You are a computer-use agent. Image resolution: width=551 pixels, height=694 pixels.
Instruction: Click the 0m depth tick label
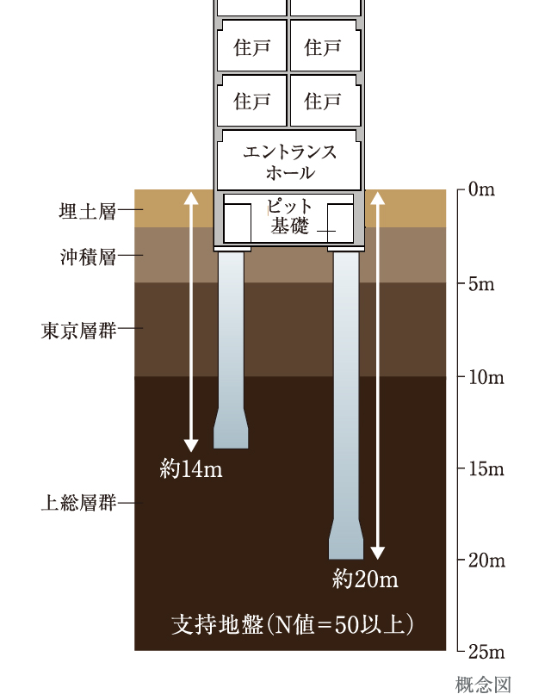[481, 189]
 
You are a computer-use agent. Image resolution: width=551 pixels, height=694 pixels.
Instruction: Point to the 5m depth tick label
[481, 283]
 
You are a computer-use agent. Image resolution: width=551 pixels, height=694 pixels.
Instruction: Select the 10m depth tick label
[486, 377]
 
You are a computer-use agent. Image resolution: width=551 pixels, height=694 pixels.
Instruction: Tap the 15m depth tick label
[486, 468]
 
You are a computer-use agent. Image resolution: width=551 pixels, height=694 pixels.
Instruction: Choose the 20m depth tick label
[486, 561]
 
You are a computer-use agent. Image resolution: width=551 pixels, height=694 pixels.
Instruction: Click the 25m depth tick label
[486, 652]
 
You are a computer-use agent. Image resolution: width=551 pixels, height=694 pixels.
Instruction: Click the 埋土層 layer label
[88, 211]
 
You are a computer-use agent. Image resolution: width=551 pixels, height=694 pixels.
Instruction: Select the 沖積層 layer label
[88, 257]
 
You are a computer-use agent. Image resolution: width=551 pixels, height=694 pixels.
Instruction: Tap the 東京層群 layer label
[79, 330]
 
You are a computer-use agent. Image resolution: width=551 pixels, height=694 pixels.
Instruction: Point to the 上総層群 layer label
[79, 502]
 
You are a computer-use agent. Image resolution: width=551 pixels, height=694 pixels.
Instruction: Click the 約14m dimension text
[191, 468]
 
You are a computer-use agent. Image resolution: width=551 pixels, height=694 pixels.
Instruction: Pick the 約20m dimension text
[365, 579]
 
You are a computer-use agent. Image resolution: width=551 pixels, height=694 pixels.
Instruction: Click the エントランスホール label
[290, 162]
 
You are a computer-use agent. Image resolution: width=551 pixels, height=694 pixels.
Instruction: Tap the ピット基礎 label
[289, 216]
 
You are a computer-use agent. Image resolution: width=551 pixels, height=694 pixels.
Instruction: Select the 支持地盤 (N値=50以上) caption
[293, 624]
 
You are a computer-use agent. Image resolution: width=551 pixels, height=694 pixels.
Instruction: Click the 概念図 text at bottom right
[483, 685]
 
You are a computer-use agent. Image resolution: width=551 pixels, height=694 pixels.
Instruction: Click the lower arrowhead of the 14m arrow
[191, 445]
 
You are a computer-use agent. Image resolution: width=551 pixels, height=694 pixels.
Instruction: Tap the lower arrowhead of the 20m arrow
[377, 554]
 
